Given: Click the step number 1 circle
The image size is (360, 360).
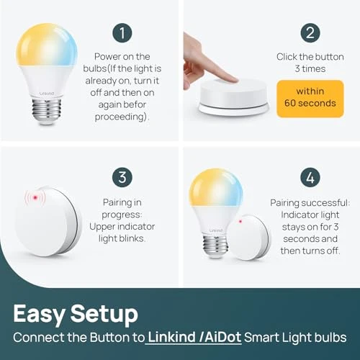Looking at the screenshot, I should click(122, 32).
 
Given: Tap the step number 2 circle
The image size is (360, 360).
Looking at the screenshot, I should click(311, 32).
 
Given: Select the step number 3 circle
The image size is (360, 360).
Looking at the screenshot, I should click(122, 178).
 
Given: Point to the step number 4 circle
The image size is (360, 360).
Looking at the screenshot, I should click(311, 178).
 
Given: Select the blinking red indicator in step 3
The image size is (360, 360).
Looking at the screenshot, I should click(32, 198).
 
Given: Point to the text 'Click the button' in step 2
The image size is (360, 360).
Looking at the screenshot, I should click(311, 57).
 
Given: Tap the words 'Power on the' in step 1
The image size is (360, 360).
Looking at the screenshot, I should click(122, 57).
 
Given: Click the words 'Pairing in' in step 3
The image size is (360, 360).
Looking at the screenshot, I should click(122, 204).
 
